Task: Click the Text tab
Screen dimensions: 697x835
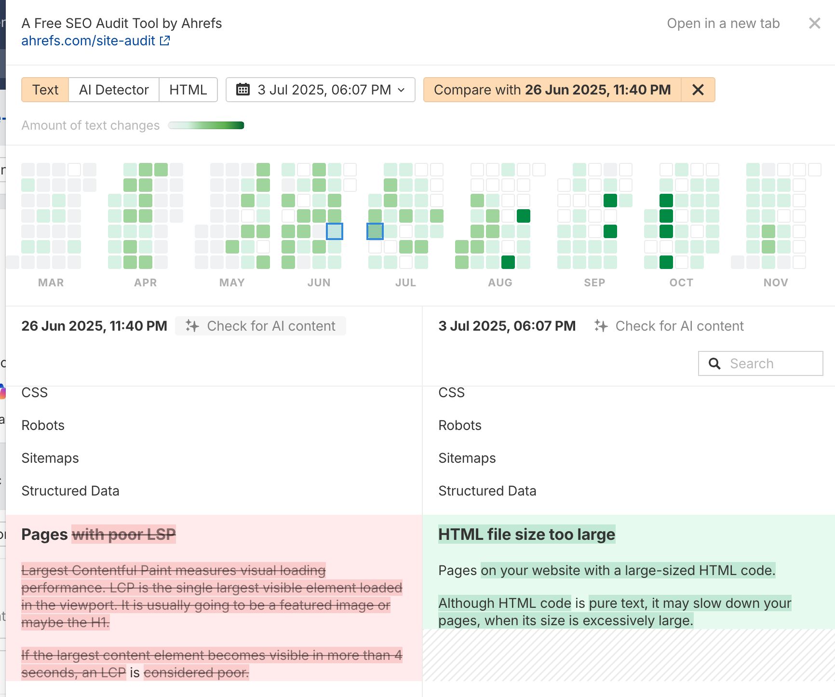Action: click(45, 90)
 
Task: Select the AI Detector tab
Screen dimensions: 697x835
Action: click(114, 90)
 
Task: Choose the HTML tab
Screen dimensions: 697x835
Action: click(188, 90)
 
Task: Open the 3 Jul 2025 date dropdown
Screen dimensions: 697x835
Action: click(320, 90)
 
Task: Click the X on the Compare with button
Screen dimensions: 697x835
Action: click(698, 90)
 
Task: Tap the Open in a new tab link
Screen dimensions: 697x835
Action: click(723, 24)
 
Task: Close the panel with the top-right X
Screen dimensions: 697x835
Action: click(814, 23)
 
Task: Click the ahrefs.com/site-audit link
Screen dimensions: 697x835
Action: click(89, 41)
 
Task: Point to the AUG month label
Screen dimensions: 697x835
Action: click(500, 282)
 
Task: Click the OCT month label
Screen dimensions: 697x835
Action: click(681, 282)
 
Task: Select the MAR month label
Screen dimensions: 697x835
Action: click(51, 282)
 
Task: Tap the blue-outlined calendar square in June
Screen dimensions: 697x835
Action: click(335, 231)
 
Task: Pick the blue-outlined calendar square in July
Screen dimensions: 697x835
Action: click(375, 231)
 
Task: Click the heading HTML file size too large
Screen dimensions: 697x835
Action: click(526, 535)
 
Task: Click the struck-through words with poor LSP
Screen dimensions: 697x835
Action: click(124, 535)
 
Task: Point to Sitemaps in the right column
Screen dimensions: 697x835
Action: click(467, 458)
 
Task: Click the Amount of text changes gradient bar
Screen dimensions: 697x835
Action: click(206, 126)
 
